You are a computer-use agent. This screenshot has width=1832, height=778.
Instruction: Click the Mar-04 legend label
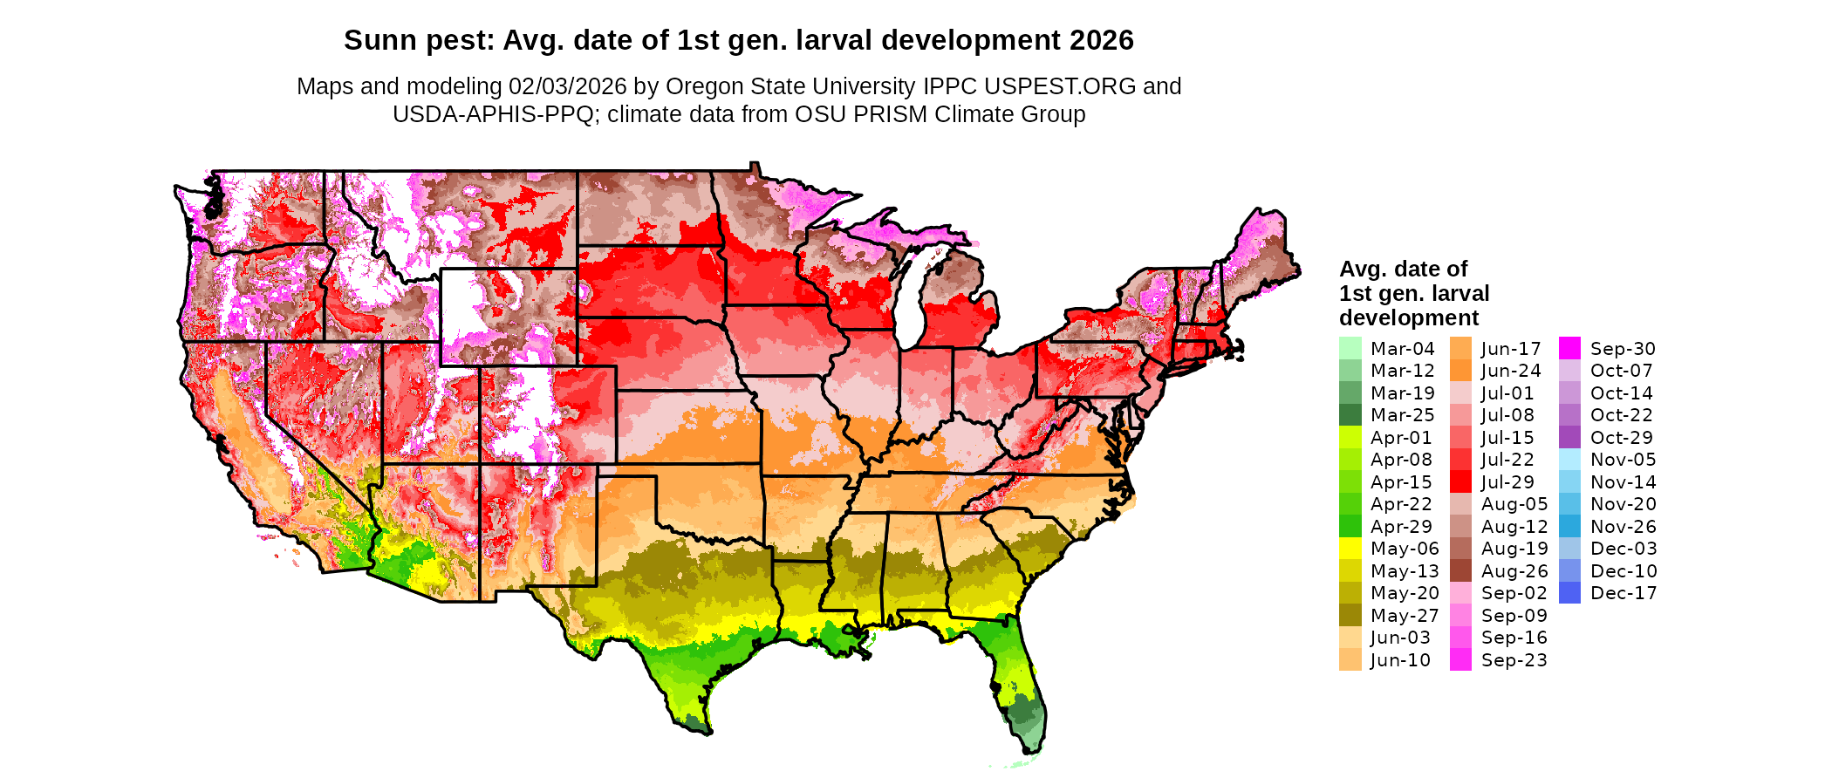(x=1402, y=349)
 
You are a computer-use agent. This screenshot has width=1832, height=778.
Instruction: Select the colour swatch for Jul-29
(x=1460, y=482)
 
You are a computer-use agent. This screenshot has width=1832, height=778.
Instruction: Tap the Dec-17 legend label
(x=1623, y=593)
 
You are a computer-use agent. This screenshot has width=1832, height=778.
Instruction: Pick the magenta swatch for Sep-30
(x=1569, y=349)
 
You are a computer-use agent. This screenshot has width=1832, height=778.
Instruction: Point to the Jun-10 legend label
(x=1400, y=660)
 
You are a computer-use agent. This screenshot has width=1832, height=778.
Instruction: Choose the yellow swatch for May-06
(x=1350, y=549)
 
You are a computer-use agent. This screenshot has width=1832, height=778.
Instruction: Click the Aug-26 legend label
(x=1514, y=571)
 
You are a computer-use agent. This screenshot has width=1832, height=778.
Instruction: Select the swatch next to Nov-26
(x=1569, y=527)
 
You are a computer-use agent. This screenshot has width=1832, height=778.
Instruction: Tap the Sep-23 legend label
(x=1514, y=660)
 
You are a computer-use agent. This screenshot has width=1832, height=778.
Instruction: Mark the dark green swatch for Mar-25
(x=1350, y=415)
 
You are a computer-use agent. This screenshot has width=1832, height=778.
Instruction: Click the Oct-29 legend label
(x=1622, y=438)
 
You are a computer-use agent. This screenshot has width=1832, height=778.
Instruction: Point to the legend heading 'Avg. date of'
(x=1403, y=269)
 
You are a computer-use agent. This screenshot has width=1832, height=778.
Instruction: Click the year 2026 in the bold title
(x=1101, y=40)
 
